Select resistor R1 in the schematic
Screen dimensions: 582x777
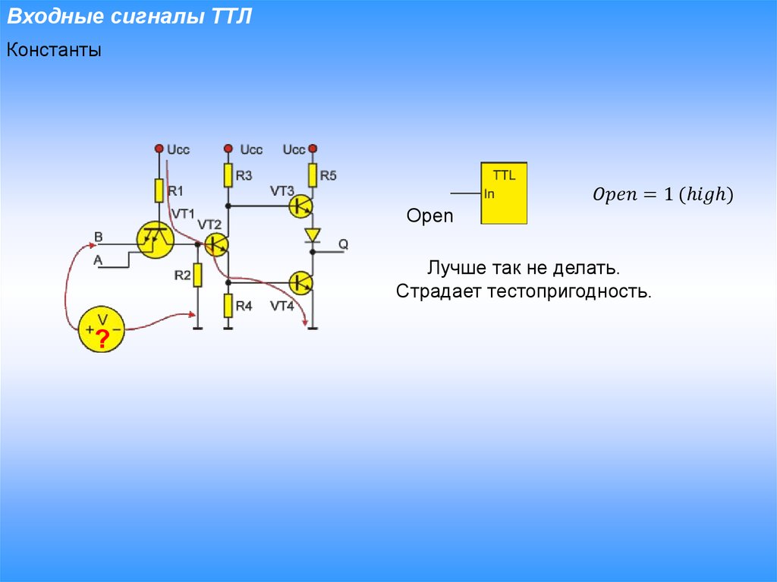click(x=159, y=190)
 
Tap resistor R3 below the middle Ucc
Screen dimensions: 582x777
click(x=228, y=175)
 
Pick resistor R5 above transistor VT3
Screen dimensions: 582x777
click(x=312, y=175)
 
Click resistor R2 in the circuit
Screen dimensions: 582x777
click(x=197, y=275)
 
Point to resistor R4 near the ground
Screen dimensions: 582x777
click(x=228, y=305)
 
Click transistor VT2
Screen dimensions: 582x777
click(x=217, y=244)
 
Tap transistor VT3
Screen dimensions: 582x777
click(x=302, y=206)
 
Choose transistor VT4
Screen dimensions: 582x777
click(x=302, y=283)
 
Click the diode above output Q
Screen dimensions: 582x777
click(x=312, y=235)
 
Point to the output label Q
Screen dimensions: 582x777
click(x=343, y=244)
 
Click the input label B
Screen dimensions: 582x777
click(x=98, y=237)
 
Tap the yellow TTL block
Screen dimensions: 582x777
click(x=504, y=193)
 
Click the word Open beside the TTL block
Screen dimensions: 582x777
click(x=429, y=216)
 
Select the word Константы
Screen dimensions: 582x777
click(x=54, y=52)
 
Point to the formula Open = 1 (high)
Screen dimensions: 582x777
click(x=662, y=195)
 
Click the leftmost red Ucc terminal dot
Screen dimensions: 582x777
click(x=159, y=149)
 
